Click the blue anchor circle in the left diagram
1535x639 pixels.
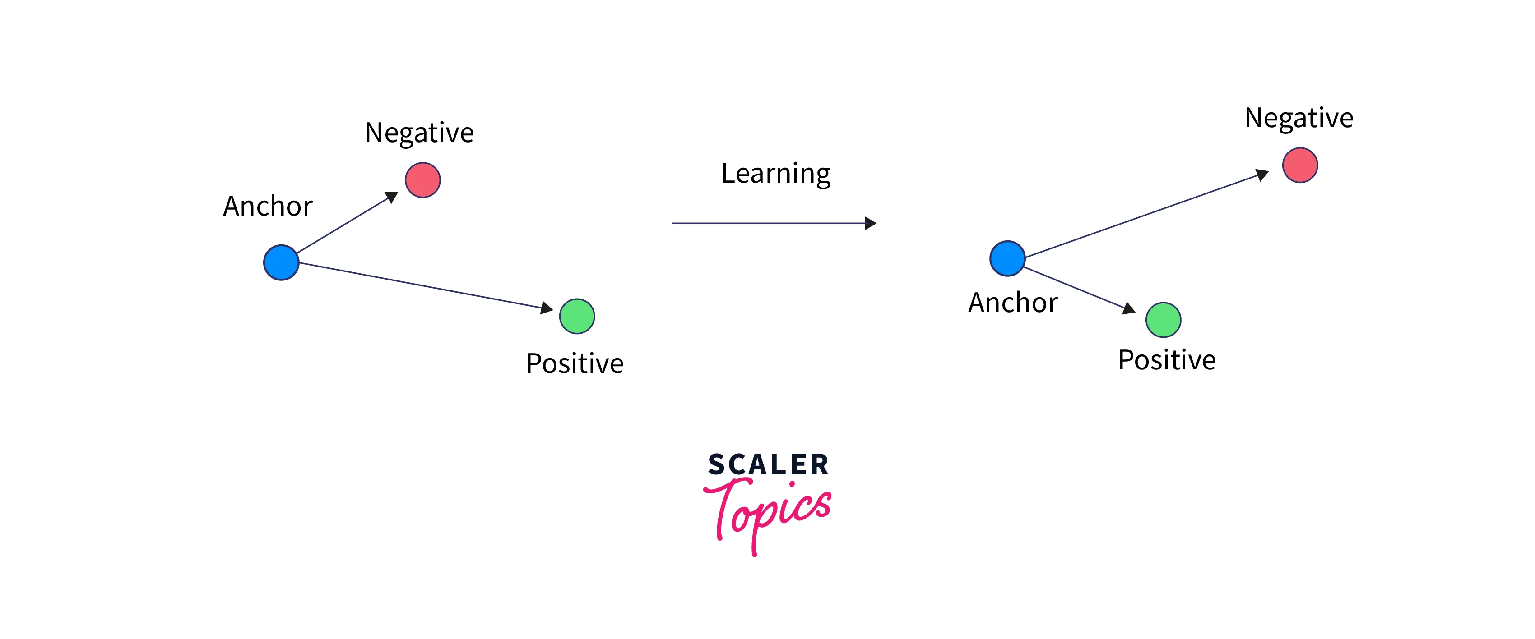(281, 262)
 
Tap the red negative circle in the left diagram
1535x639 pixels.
(423, 180)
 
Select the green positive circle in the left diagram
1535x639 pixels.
(577, 316)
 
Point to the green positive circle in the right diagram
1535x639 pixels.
(1163, 320)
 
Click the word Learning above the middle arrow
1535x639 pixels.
(776, 175)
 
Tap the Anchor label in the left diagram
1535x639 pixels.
(268, 206)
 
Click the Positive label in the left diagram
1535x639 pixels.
(575, 363)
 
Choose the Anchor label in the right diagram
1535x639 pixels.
(1013, 303)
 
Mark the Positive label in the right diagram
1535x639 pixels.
(1167, 360)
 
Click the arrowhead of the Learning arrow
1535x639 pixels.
(871, 223)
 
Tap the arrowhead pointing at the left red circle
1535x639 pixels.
(392, 197)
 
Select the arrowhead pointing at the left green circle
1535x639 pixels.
(547, 308)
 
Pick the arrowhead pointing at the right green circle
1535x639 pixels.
(1129, 308)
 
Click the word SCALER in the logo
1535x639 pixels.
(768, 464)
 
